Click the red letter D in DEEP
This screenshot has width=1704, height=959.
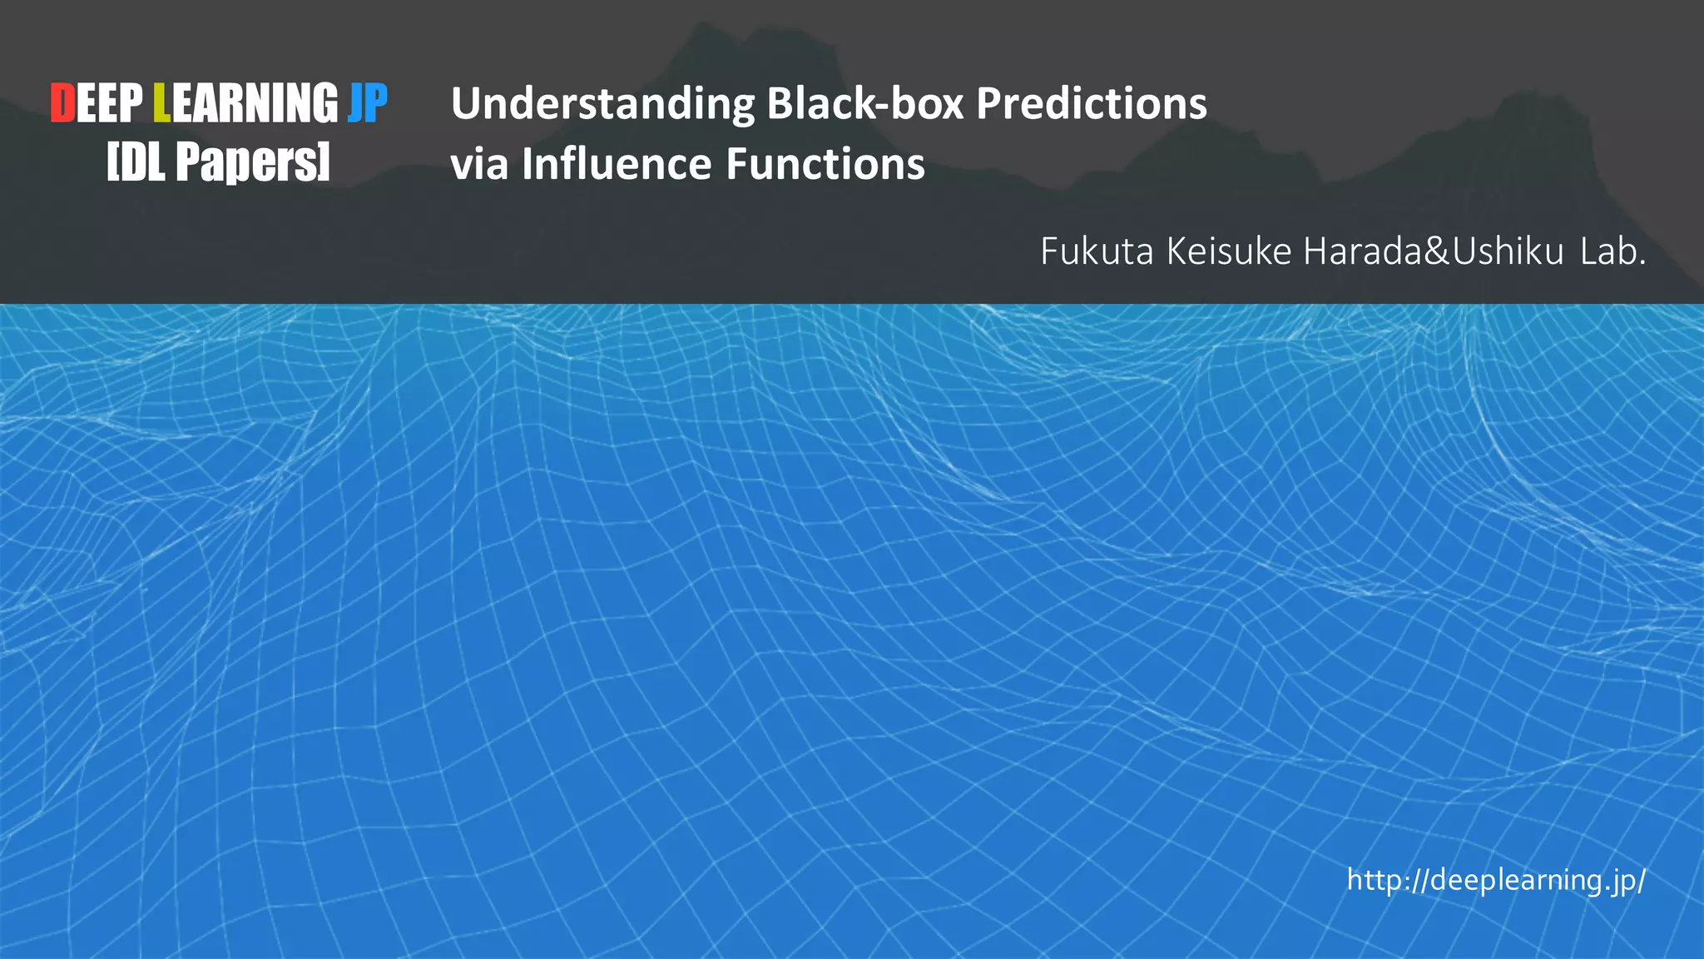click(62, 104)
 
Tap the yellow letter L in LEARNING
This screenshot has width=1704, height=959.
click(161, 104)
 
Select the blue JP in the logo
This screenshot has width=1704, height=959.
click(368, 104)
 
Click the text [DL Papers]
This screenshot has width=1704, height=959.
click(219, 161)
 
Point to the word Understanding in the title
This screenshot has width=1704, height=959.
click(602, 105)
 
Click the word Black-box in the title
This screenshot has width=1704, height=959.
click(864, 104)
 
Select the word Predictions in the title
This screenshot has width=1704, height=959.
click(1091, 105)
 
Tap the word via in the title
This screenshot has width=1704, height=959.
click(479, 164)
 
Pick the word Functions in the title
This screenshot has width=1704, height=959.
click(825, 164)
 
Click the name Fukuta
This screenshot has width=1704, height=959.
click(1096, 251)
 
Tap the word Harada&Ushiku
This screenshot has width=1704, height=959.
click(1434, 251)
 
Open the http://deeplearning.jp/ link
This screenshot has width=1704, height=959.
click(1495, 880)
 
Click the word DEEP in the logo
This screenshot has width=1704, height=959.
click(97, 104)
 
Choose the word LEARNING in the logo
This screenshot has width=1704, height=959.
click(245, 104)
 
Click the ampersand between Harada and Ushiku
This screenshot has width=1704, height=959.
click(1437, 251)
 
